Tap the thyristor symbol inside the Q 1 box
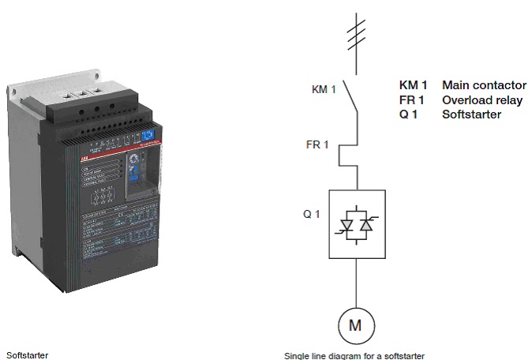pyautogui.click(x=357, y=223)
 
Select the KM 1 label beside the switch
pyautogui.click(x=324, y=89)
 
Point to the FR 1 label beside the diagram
pyautogui.click(x=317, y=145)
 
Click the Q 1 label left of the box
pyautogui.click(x=312, y=213)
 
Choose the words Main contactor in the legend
pyautogui.click(x=484, y=85)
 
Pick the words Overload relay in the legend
pyautogui.click(x=481, y=100)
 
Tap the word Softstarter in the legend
pyautogui.click(x=471, y=114)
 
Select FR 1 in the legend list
pyautogui.click(x=412, y=100)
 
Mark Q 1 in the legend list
pyautogui.click(x=410, y=114)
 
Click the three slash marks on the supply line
pyautogui.click(x=357, y=31)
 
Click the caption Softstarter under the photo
pyautogui.click(x=28, y=354)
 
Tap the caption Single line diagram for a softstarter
pyautogui.click(x=354, y=355)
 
